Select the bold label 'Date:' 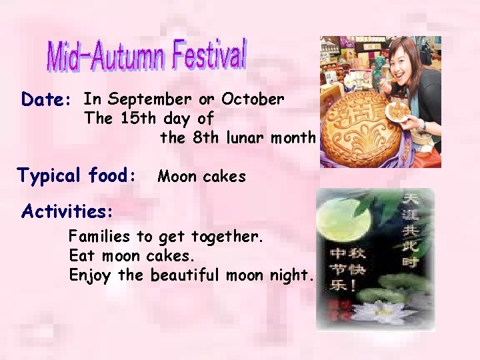tap(46, 100)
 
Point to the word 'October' tap(253, 99)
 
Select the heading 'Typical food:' tap(77, 177)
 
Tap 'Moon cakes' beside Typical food tap(201, 177)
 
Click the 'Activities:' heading tap(67, 211)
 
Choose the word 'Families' tap(100, 236)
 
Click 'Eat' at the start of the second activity tap(80, 256)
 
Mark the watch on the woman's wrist tap(421, 125)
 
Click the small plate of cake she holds tap(399, 111)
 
